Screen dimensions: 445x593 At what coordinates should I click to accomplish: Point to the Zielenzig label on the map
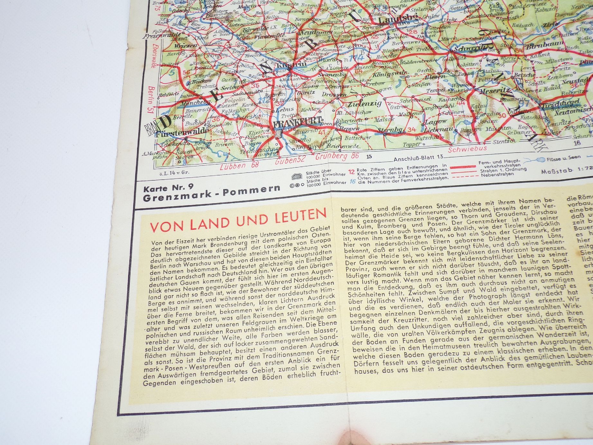pyautogui.click(x=364, y=104)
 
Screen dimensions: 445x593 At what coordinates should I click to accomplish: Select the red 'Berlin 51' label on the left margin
pyautogui.click(x=151, y=100)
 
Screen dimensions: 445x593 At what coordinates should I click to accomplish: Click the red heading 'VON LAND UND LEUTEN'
pyautogui.click(x=238, y=220)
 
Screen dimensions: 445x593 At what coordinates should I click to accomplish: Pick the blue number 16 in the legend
pyautogui.click(x=353, y=181)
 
